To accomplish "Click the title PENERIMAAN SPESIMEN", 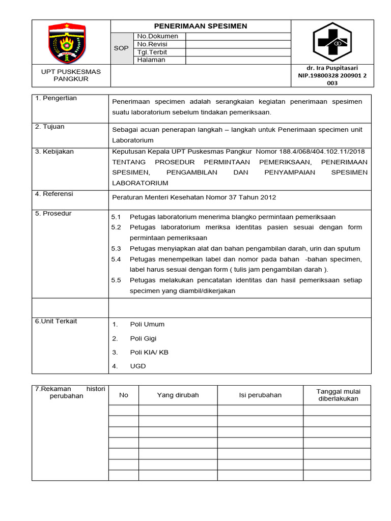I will (201, 26).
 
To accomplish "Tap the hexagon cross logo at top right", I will (332, 42).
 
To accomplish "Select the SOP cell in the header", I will (121, 48).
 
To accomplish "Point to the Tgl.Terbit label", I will (152, 52).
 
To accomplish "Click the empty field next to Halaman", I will (238, 60).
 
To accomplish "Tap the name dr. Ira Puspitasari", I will (332, 68).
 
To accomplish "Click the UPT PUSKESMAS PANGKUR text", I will (71, 75).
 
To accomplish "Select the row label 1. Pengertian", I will (56, 98).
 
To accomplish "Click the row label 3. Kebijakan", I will (54, 152).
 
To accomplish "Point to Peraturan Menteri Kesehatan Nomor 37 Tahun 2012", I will (194, 197).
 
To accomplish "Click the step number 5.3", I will (116, 249).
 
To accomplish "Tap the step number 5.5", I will (116, 280).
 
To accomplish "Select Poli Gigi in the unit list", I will (143, 338).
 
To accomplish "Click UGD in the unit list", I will (137, 366).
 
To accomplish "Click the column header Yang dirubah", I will (178, 395).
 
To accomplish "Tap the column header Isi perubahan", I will (260, 395).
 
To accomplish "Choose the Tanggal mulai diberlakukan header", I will (338, 395).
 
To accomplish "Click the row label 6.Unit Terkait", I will (56, 321).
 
